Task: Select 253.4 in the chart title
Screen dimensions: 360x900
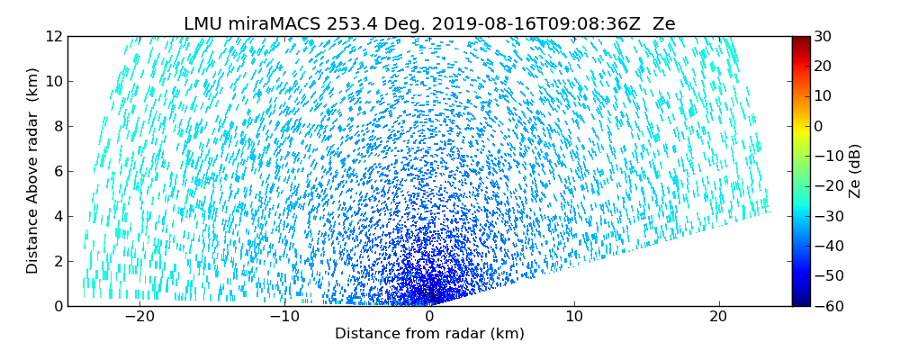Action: pyautogui.click(x=331, y=24)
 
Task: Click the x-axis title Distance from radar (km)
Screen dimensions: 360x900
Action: pyautogui.click(x=429, y=334)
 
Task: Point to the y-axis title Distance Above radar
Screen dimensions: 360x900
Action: pyautogui.click(x=32, y=171)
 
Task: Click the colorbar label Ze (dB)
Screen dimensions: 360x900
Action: pyautogui.click(x=854, y=171)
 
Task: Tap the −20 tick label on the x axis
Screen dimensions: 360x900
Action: pyautogui.click(x=139, y=317)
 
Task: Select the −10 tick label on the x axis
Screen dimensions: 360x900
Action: pyautogui.click(x=284, y=317)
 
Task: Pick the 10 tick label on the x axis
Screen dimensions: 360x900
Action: pyautogui.click(x=574, y=317)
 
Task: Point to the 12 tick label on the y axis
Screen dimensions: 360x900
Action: pyautogui.click(x=52, y=37)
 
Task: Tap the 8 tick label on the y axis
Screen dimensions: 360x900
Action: pyautogui.click(x=57, y=127)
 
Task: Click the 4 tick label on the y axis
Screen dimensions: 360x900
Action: pyautogui.click(x=57, y=216)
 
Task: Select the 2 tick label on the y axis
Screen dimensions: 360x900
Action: pyautogui.click(x=57, y=261)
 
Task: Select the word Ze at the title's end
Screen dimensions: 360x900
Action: pyautogui.click(x=663, y=24)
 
